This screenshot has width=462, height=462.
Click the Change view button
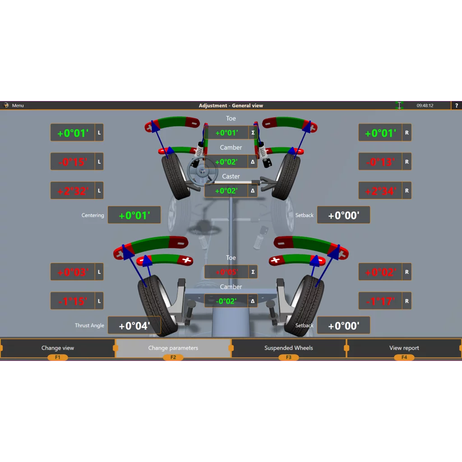[58, 348]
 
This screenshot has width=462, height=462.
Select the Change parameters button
[173, 348]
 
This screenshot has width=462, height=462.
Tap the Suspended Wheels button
[289, 348]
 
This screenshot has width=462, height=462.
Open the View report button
[404, 348]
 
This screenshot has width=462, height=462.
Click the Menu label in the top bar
[18, 106]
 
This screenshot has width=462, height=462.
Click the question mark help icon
[457, 106]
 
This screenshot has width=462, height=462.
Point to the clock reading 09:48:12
[425, 106]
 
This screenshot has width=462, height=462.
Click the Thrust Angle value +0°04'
[134, 326]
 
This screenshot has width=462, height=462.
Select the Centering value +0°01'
[134, 215]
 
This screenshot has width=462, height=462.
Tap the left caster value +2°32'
[73, 191]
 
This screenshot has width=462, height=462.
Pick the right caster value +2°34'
[380, 191]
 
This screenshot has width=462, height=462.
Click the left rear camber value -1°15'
[73, 301]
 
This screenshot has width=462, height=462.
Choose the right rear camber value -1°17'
[380, 301]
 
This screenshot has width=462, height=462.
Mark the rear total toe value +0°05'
[226, 272]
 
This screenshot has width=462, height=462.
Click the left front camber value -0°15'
[73, 162]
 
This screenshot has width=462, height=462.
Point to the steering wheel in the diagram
[203, 171]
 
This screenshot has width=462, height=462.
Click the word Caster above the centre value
[231, 176]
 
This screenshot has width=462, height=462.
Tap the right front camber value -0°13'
[380, 162]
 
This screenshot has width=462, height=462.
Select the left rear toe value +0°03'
[73, 272]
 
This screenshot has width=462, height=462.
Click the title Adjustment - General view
[231, 106]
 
